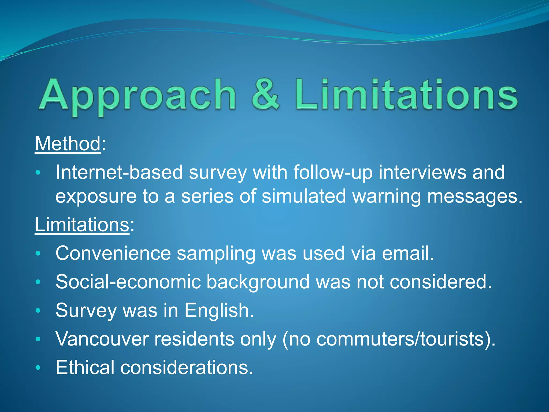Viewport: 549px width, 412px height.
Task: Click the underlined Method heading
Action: [68, 144]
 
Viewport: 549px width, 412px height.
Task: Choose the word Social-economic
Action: [128, 282]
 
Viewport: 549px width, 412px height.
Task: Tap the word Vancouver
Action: [102, 339]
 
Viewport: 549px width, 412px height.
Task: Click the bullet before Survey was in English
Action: [38, 311]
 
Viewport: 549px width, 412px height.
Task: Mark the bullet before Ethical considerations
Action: [38, 368]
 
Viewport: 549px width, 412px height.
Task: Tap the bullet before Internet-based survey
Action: [38, 172]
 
